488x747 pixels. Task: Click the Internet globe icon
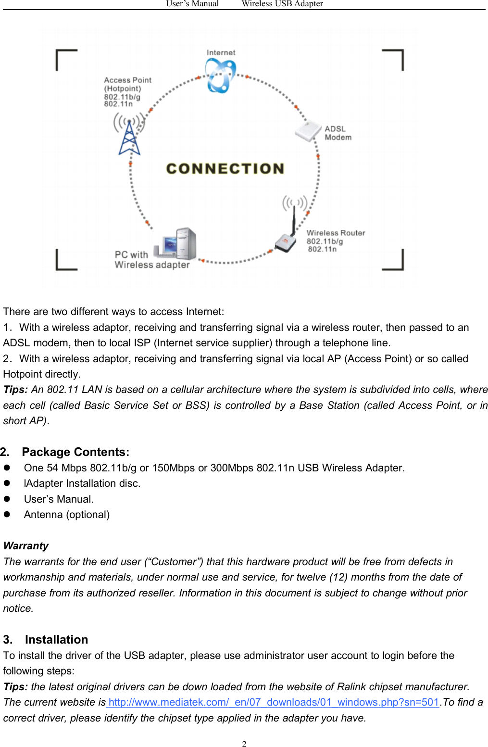[220, 76]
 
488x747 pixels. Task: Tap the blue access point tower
[129, 137]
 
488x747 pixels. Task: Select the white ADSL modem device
[308, 131]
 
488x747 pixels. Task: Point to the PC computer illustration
[176, 243]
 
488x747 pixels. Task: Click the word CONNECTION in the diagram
[225, 168]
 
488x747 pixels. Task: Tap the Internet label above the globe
[221, 52]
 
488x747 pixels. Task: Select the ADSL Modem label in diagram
[338, 133]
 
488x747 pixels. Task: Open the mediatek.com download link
[273, 702]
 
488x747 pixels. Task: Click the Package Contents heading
[75, 452]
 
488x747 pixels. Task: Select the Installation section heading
[56, 640]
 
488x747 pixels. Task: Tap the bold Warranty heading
[26, 546]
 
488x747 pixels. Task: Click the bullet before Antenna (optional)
[7, 514]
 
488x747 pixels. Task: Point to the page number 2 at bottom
[244, 744]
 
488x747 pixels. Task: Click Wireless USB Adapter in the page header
[282, 4]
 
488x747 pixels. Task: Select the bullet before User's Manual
[7, 499]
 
